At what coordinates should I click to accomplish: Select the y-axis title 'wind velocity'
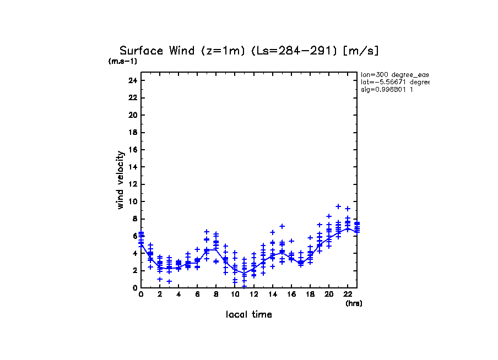120,180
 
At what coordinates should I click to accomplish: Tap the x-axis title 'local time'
248,315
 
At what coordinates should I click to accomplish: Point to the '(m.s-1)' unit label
122,61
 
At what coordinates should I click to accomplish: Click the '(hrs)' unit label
354,303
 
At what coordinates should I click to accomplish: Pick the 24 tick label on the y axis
132,80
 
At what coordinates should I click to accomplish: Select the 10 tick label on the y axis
132,201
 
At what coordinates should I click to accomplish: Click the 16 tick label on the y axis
132,150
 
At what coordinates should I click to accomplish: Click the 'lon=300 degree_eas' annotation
394,74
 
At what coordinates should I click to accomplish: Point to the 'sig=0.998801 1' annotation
387,89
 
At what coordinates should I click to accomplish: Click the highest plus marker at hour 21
338,206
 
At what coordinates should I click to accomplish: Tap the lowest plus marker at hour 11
244,286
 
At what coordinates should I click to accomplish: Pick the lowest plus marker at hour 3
169,281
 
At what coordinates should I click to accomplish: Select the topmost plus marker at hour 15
282,226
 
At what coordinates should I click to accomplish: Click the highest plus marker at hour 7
207,232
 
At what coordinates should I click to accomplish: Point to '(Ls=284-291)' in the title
294,51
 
